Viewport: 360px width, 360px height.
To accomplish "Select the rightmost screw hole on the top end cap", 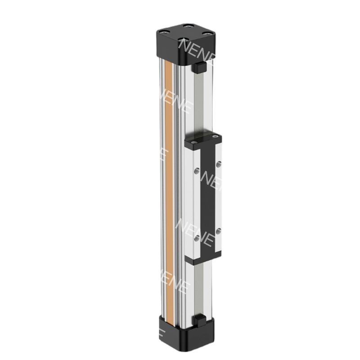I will (x=209, y=31).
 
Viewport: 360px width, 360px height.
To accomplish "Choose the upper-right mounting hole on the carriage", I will (x=219, y=165).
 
